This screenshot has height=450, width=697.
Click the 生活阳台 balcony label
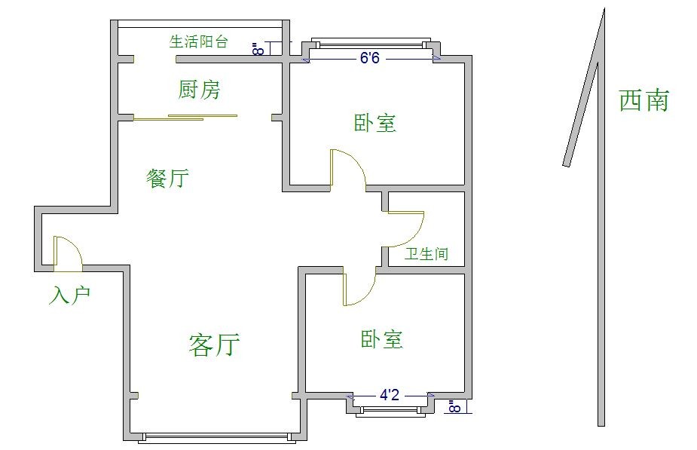tap(198, 41)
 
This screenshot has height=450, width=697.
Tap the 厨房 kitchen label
tap(200, 90)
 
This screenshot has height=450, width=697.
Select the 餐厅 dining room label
tap(167, 179)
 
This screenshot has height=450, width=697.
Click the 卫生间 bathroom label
tap(426, 254)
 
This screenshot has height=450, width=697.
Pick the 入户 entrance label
tap(69, 295)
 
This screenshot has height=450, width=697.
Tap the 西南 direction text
tap(644, 100)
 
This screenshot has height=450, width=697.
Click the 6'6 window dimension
tap(369, 58)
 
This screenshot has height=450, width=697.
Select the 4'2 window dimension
tap(389, 394)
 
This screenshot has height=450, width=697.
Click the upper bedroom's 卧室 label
tap(375, 123)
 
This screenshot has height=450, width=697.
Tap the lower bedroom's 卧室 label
tap(382, 339)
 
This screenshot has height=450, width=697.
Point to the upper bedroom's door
tap(347, 168)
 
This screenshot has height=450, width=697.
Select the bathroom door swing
tap(407, 229)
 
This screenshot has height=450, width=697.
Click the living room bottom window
tap(217, 437)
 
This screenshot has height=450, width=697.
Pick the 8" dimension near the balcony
tap(258, 49)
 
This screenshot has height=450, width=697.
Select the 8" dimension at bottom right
tap(454, 407)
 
